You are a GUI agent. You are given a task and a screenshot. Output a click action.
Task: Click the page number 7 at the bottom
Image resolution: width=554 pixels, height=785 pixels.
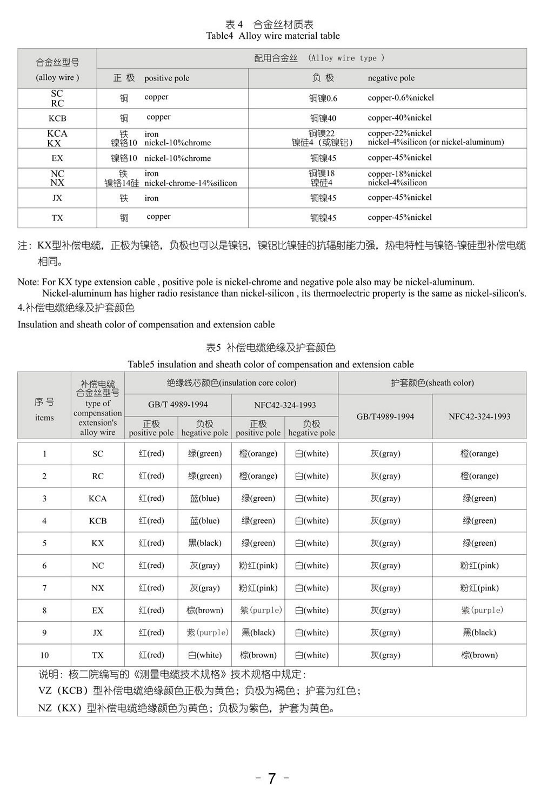coord(271,777)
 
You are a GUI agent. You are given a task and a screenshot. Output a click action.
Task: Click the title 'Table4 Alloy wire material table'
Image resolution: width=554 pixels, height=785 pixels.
coord(273,36)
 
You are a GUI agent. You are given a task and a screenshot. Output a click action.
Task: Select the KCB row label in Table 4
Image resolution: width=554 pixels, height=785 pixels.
coord(57,118)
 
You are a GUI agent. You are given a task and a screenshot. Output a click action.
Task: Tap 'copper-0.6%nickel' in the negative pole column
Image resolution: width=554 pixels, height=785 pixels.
coord(401,98)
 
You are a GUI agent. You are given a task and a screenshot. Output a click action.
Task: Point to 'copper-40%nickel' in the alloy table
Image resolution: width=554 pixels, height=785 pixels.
coord(399,118)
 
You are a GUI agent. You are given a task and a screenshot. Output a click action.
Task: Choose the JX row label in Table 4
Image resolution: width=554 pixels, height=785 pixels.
coord(57,198)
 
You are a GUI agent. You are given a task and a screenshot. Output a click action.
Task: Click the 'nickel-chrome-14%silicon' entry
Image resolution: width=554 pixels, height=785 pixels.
coord(190,183)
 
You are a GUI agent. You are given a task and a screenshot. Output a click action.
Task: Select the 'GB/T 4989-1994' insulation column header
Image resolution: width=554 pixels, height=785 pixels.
coord(178,405)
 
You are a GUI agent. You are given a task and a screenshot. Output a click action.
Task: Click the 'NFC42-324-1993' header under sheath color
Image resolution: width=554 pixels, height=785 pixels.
coord(479,417)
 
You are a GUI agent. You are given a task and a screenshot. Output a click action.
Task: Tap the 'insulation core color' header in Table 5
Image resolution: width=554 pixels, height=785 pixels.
coord(231,383)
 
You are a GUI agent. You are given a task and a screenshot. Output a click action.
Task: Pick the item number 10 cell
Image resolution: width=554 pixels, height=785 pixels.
coord(44,655)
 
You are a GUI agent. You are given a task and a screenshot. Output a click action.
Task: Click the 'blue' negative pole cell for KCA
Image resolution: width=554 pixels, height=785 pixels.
coord(205,498)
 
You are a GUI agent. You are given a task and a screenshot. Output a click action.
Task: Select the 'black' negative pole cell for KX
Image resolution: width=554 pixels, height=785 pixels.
coord(205,543)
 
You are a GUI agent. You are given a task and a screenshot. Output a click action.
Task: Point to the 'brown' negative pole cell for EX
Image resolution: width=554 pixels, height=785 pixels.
coord(205,610)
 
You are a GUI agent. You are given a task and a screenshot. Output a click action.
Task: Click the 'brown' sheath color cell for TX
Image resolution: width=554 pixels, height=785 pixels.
coord(479,655)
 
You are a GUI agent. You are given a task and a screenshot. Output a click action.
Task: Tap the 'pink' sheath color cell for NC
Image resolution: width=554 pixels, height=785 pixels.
coord(479,566)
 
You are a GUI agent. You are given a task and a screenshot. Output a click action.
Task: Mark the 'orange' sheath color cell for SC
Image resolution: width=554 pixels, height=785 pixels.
coord(479,454)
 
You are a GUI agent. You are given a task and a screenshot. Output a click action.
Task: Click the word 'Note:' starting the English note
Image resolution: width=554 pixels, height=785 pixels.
coord(28,282)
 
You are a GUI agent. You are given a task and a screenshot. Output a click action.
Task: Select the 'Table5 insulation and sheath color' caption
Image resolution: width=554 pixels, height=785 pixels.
coord(271,365)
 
